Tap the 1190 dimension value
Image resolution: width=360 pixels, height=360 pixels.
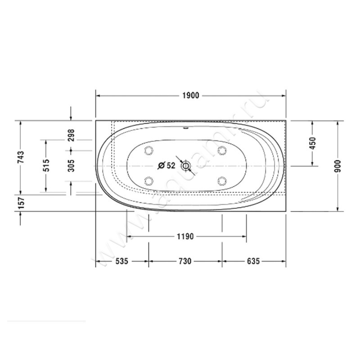(x=184, y=237)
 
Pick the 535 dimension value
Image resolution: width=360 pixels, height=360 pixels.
(x=121, y=261)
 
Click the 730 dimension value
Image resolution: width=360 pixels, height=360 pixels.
(x=184, y=261)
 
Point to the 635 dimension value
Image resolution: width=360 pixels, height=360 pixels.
(x=254, y=261)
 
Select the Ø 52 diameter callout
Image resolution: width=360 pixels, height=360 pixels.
(x=166, y=166)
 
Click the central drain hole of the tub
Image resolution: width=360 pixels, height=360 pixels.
(x=185, y=166)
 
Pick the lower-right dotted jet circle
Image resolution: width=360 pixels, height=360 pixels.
(x=221, y=181)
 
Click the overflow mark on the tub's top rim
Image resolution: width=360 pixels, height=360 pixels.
(x=185, y=127)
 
